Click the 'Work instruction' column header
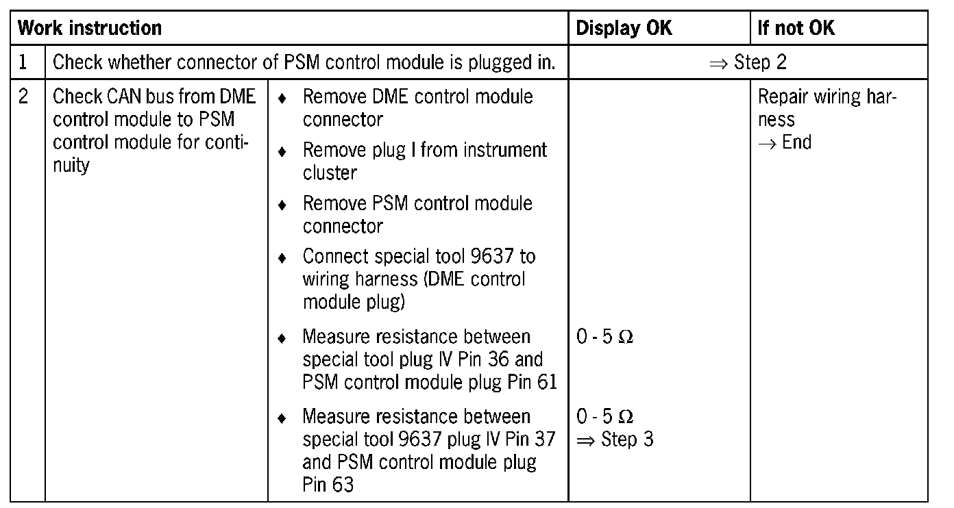coord(90,28)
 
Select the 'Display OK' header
coord(624,28)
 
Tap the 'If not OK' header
coord(796,28)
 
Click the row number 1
coord(23,62)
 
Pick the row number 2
coord(23,97)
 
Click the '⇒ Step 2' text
coord(748,62)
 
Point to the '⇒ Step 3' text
coord(615,439)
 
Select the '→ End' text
coord(785,142)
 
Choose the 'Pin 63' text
coord(328,485)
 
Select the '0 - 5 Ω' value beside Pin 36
coord(604,337)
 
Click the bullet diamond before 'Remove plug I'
coord(282,151)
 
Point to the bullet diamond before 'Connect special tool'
coord(282,258)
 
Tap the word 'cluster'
coord(330,173)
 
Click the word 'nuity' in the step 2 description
coord(71,165)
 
